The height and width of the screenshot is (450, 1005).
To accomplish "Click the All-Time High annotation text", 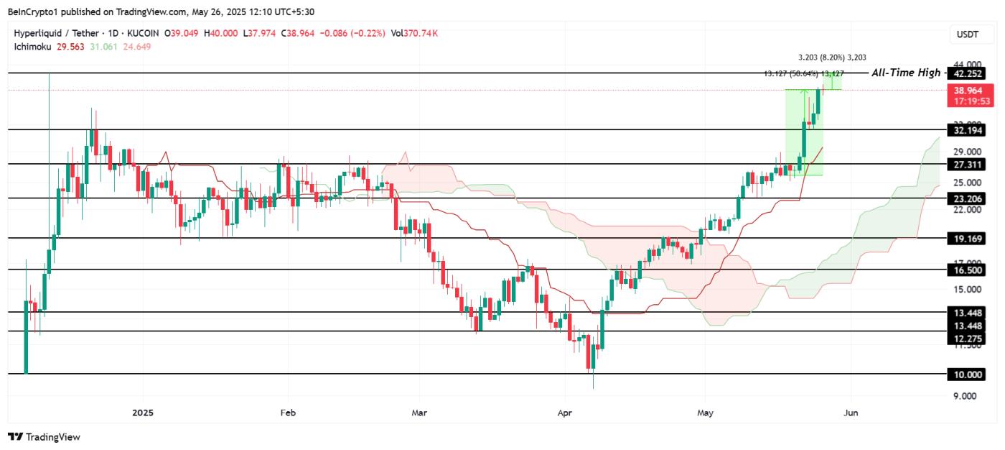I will [x=905, y=73].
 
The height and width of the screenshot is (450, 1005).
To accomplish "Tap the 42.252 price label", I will [x=966, y=73].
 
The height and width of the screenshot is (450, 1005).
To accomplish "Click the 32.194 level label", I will [x=966, y=130].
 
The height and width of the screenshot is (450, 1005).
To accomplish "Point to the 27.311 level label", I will [x=966, y=165].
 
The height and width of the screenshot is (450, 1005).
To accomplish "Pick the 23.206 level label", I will [x=966, y=198].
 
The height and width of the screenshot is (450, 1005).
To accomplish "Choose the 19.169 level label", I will [x=966, y=238].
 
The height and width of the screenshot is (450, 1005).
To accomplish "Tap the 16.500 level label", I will [x=966, y=270].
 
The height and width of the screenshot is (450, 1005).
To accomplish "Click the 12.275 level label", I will [x=966, y=339].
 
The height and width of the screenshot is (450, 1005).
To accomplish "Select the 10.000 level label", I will [x=966, y=375].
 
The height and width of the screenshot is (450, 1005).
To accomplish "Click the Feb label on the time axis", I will [x=287, y=413].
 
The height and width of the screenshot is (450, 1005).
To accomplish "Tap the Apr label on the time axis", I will [x=565, y=413].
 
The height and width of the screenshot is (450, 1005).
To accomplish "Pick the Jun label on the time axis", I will [x=851, y=413].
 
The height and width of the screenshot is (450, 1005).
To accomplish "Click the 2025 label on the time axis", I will [x=143, y=413].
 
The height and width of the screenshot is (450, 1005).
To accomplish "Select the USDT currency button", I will [x=963, y=34].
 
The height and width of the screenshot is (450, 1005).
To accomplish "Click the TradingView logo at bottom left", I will [x=44, y=437].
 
